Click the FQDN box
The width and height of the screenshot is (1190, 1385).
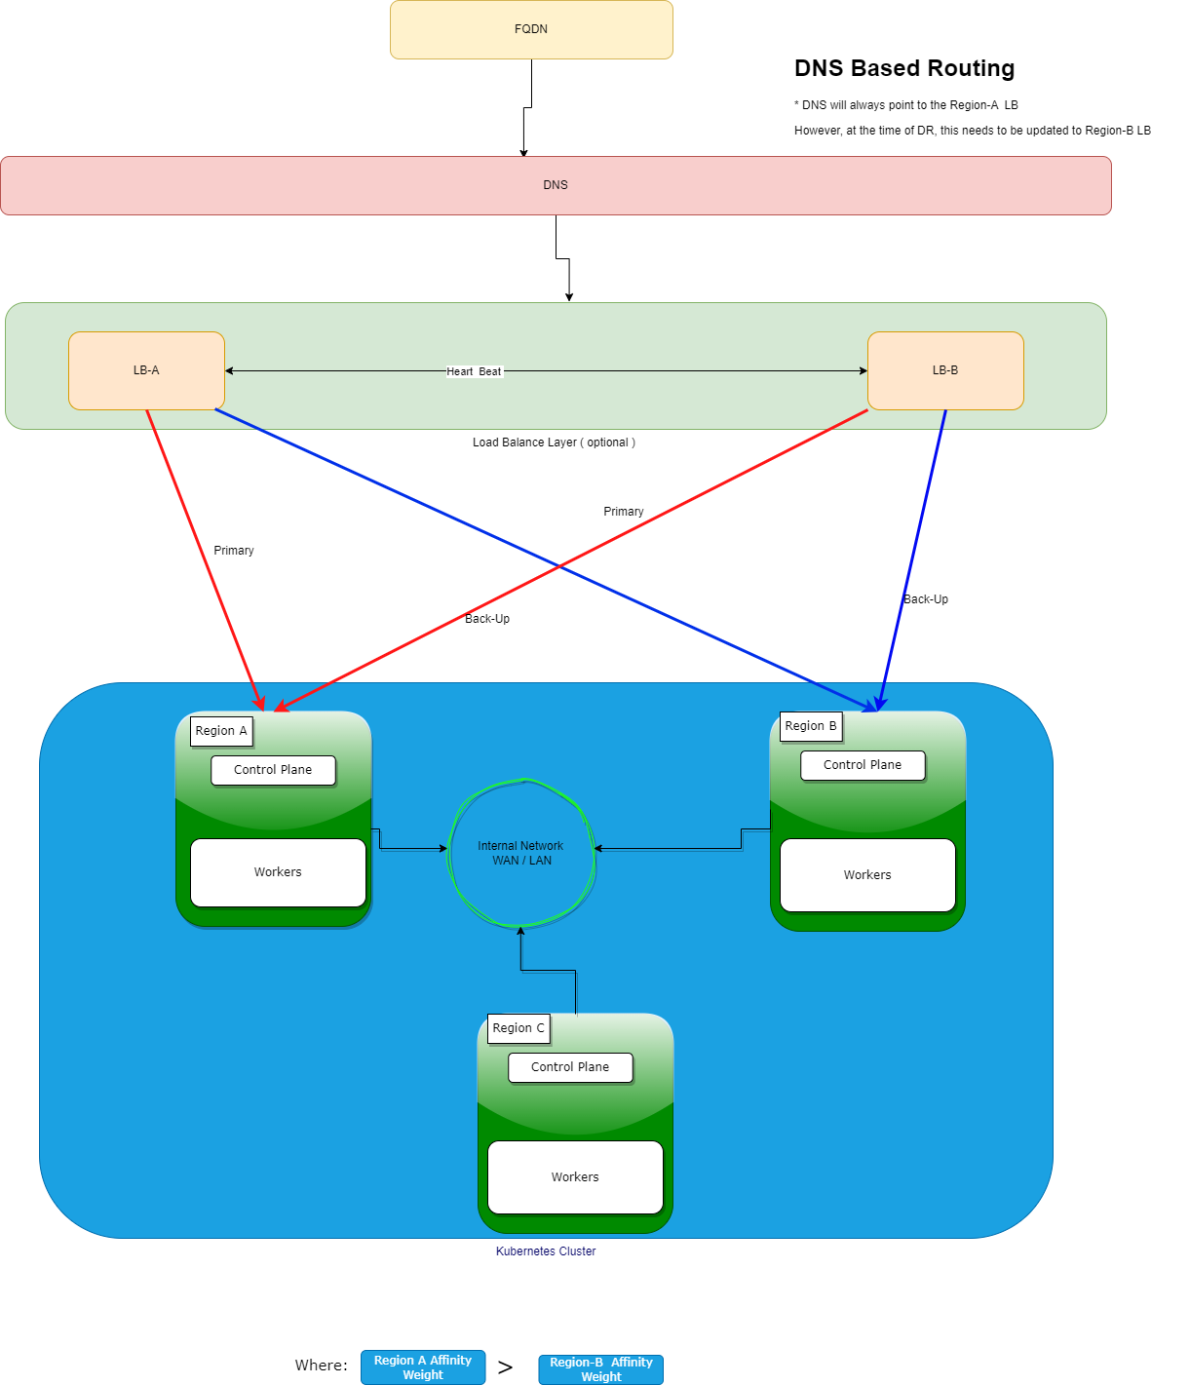coord(531,29)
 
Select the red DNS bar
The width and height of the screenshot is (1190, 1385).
coord(556,185)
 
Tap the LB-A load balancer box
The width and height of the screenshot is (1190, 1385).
coord(146,370)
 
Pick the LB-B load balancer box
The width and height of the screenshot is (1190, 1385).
coord(945,370)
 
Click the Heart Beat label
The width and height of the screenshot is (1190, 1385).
coord(474,371)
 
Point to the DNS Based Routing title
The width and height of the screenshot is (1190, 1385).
coord(904,68)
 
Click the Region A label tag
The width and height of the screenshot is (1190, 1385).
coord(221,731)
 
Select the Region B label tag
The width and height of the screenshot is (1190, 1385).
coord(811,726)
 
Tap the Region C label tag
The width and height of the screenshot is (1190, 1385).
coord(518,1028)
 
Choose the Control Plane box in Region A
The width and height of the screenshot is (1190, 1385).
coord(273,770)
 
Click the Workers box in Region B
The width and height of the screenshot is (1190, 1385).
coord(867,875)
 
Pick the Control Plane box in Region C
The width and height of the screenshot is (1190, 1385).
coord(570,1067)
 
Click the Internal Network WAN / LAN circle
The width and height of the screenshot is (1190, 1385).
coord(521,853)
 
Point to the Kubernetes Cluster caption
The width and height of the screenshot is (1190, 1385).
coord(546,1251)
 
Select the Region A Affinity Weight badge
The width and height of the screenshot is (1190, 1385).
coord(423,1367)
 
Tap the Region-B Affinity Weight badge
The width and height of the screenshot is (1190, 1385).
coord(601,1369)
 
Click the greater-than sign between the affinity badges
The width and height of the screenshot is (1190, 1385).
coord(505,1367)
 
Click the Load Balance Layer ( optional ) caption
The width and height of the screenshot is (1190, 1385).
coord(554,442)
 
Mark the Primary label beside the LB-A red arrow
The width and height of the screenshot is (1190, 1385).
coord(234,551)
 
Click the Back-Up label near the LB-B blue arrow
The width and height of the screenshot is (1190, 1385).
coord(926,599)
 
